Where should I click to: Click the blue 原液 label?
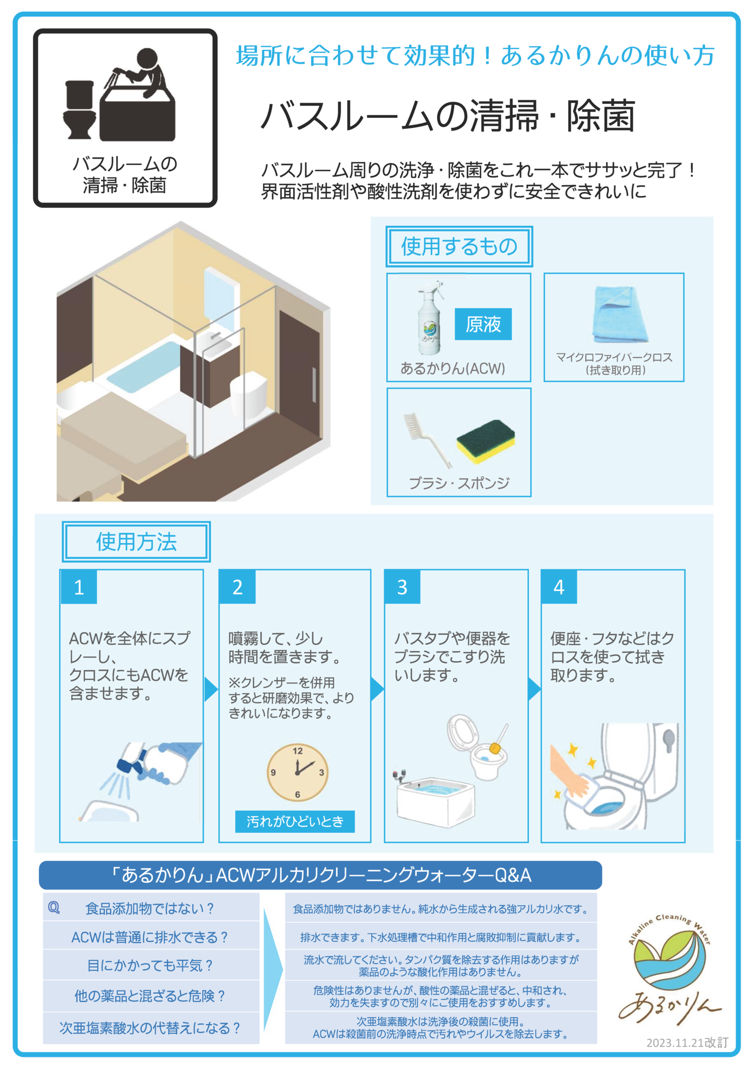483,324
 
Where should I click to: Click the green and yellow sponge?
485,441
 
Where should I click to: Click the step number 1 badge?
79,587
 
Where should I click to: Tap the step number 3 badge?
402,587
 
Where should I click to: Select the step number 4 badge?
559,587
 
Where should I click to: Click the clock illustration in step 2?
297,772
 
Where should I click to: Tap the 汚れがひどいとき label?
295,821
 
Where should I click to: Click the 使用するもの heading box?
459,246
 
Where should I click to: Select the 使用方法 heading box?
136,542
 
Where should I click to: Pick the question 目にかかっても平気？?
150,965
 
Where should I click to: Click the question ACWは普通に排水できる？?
150,937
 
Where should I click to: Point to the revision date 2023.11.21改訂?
687,1042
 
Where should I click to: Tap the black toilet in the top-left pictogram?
80,109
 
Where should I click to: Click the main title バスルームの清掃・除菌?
448,116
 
